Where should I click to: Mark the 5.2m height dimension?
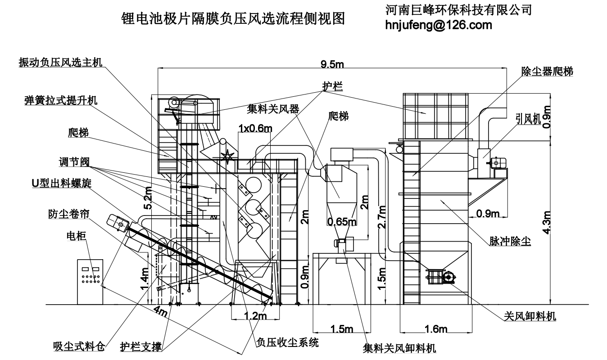point(148,198)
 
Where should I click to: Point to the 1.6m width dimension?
point(436,329)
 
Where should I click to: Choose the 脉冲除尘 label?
point(510,241)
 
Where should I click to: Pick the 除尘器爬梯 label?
point(547,71)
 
